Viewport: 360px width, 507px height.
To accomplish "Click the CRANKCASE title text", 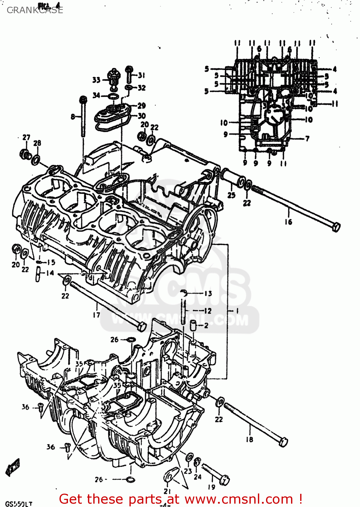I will [x=35, y=10].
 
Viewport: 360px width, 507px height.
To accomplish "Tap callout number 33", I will [x=96, y=80].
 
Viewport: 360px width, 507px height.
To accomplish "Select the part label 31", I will [x=141, y=75].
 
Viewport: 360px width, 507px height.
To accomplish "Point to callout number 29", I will [x=141, y=106].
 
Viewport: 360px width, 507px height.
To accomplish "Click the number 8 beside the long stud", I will [x=73, y=117].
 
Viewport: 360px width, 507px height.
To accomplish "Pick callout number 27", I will [x=26, y=137].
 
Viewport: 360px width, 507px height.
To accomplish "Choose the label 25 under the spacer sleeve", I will [x=231, y=195].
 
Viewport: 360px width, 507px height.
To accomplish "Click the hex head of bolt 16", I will [x=336, y=227].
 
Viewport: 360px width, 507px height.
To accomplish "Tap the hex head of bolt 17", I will [x=142, y=327].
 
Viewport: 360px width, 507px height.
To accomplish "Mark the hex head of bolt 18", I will [x=284, y=442].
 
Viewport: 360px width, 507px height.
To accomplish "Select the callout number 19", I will [x=211, y=487].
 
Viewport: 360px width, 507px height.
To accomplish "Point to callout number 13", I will [x=208, y=293].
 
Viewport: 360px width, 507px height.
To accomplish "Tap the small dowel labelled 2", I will [x=193, y=325].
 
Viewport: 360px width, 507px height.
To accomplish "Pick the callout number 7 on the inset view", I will [x=307, y=139].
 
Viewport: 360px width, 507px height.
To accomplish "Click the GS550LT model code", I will [x=19, y=504].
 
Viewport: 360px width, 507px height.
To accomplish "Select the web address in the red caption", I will [x=239, y=499].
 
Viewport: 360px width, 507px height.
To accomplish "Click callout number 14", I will [x=50, y=273].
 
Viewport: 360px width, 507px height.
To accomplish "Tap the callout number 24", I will [x=198, y=477].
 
